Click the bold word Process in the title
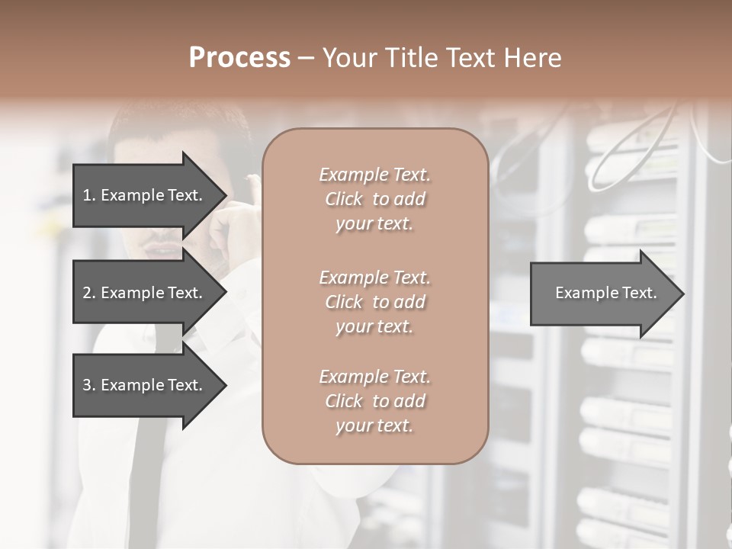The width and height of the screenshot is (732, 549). coord(239,57)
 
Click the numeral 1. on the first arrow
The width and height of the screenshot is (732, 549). coord(89,195)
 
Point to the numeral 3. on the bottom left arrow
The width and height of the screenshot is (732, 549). coord(89,385)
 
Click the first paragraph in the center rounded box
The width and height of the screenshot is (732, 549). coord(374,199)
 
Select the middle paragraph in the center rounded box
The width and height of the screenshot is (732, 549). coord(374,302)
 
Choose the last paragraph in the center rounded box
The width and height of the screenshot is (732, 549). coord(374,401)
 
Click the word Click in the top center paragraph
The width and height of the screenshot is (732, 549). coord(344,200)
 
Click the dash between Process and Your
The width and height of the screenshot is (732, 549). coord(307,58)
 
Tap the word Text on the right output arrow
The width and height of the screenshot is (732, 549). coord(640,293)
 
